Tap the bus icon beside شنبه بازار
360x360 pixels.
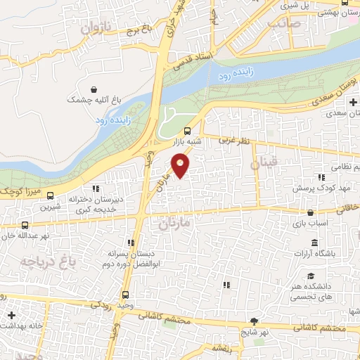click(x=187, y=131)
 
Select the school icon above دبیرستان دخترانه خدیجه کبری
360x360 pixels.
click(x=96, y=188)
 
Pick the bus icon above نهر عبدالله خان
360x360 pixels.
click(x=25, y=226)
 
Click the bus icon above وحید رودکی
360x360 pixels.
click(x=126, y=295)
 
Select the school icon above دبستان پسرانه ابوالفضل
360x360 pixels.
click(x=129, y=241)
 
